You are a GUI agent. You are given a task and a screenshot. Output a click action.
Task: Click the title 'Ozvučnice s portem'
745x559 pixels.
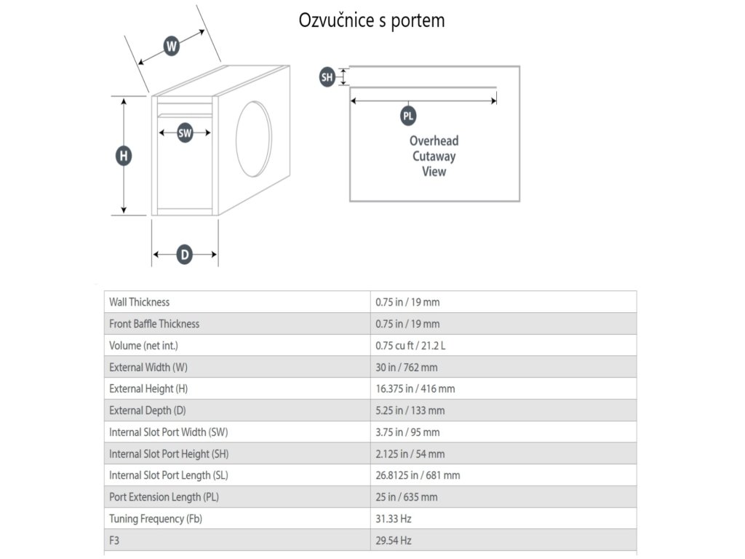coord(372,20)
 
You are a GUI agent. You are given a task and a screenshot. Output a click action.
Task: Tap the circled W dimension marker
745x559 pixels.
coord(171,47)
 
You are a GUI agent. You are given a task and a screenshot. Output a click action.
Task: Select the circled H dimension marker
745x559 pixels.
coord(124,155)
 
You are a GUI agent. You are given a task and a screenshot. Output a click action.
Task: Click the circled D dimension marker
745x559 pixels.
coord(185,254)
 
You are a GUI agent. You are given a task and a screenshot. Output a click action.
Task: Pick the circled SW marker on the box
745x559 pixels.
coord(185,133)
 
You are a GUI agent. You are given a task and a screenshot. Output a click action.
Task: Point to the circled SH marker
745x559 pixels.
coord(327,77)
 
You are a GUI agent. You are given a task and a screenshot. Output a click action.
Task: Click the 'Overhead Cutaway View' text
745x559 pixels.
coord(434,156)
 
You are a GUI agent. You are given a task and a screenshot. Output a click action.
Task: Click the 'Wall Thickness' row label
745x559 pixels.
coord(139,302)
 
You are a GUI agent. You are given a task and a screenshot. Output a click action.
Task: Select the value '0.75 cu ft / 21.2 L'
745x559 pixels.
coord(410,345)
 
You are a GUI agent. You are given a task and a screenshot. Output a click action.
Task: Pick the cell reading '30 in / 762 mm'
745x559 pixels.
coord(407,367)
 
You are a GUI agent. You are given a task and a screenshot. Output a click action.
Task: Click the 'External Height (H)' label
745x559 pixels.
coord(148,389)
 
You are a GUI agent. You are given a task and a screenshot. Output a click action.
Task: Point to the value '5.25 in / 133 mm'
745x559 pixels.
coord(410,411)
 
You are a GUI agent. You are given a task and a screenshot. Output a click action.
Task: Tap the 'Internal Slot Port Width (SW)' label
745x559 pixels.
coord(169,432)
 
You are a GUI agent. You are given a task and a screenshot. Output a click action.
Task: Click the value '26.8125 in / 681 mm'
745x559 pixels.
coord(418,475)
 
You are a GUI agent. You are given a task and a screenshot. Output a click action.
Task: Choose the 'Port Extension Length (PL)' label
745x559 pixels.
coord(164,497)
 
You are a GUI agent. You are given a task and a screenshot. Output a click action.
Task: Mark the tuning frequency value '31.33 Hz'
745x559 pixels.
coord(394,519)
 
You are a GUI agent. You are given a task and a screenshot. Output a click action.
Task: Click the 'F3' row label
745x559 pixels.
coord(115,541)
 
